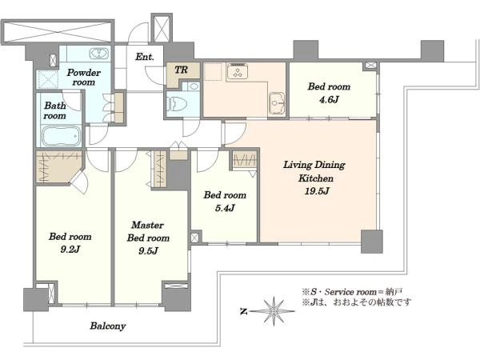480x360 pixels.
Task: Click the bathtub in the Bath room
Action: click(61, 136)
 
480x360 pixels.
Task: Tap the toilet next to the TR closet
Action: click(175, 104)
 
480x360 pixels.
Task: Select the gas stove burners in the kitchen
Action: click(237, 72)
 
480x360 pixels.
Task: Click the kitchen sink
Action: click(277, 103)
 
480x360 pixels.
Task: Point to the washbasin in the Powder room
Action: click(99, 54)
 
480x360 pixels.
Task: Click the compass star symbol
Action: click(273, 311)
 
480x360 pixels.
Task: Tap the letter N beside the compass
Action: click(244, 312)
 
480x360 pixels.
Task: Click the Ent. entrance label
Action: click(145, 57)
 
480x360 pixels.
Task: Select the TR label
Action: click(182, 70)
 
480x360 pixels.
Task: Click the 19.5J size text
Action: click(317, 191)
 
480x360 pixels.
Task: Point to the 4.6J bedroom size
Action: click(329, 100)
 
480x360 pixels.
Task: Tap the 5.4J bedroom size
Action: click(225, 208)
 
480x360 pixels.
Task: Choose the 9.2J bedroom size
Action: click(70, 250)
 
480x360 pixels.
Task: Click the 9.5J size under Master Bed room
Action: click(148, 251)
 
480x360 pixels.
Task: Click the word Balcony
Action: click(108, 326)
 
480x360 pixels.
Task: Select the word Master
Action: click(147, 225)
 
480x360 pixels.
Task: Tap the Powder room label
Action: click(83, 78)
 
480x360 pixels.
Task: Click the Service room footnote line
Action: click(352, 292)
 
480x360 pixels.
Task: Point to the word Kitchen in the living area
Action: click(316, 178)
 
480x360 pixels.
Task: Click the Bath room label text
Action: click(54, 110)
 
